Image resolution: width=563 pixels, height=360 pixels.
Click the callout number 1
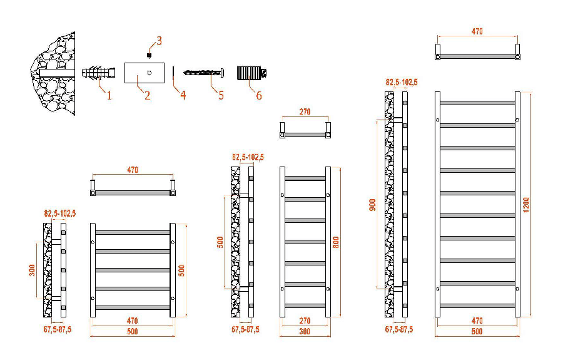[x=109, y=96]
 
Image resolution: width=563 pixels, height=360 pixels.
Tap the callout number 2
[x=148, y=96]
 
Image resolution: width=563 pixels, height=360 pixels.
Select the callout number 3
[x=159, y=41]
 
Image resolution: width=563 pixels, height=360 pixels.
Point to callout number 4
[x=183, y=96]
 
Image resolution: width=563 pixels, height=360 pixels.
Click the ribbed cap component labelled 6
[x=251, y=73]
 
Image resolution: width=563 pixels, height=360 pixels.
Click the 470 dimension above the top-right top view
[x=477, y=32]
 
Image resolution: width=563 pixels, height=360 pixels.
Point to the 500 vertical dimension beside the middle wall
[x=220, y=242]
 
